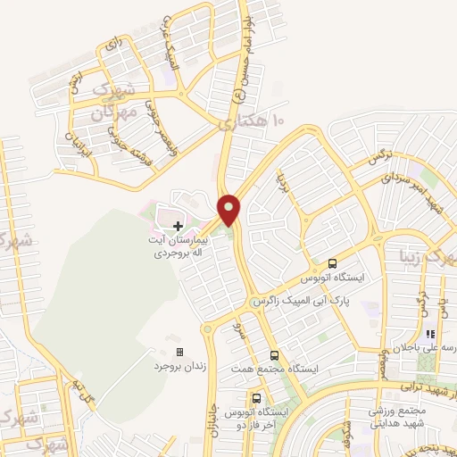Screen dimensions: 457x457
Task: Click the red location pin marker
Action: tap(229, 210)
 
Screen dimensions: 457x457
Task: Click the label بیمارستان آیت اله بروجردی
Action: tap(178, 247)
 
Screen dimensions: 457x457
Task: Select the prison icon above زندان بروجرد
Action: tap(179, 353)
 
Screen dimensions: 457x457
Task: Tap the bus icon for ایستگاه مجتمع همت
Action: tap(274, 354)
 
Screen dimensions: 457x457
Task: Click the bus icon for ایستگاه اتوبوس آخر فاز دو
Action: tap(257, 398)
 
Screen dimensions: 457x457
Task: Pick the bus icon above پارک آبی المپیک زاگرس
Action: tap(332, 263)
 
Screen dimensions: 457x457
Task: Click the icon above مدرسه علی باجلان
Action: tap(429, 334)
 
